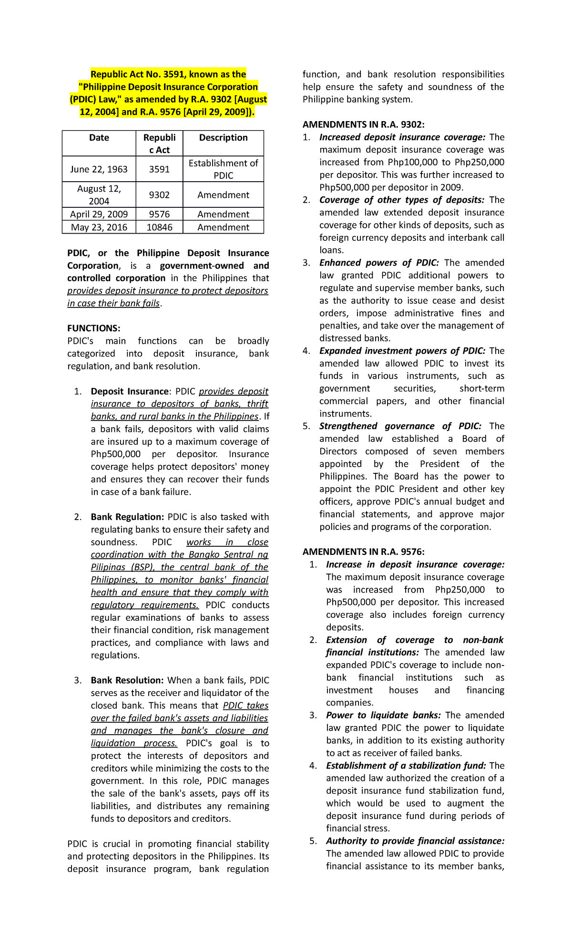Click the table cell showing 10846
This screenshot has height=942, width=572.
coord(159,227)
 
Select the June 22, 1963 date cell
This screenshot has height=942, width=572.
coord(99,169)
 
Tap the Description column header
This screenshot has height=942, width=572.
coord(223,138)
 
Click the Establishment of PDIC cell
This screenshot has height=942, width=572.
coord(223,169)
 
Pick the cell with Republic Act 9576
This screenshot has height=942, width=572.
coord(159,215)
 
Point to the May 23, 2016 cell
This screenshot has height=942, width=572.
coord(99,227)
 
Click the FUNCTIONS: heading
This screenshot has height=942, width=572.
coord(93,328)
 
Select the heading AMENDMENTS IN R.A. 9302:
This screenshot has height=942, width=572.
coord(363,125)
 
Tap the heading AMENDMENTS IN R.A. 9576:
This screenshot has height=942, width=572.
coord(363,552)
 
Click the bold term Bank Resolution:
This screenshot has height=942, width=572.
coord(127,680)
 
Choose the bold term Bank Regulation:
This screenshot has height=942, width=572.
coord(127,517)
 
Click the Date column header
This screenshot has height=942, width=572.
coord(99,138)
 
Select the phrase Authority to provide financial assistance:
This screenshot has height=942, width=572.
coord(415,841)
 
